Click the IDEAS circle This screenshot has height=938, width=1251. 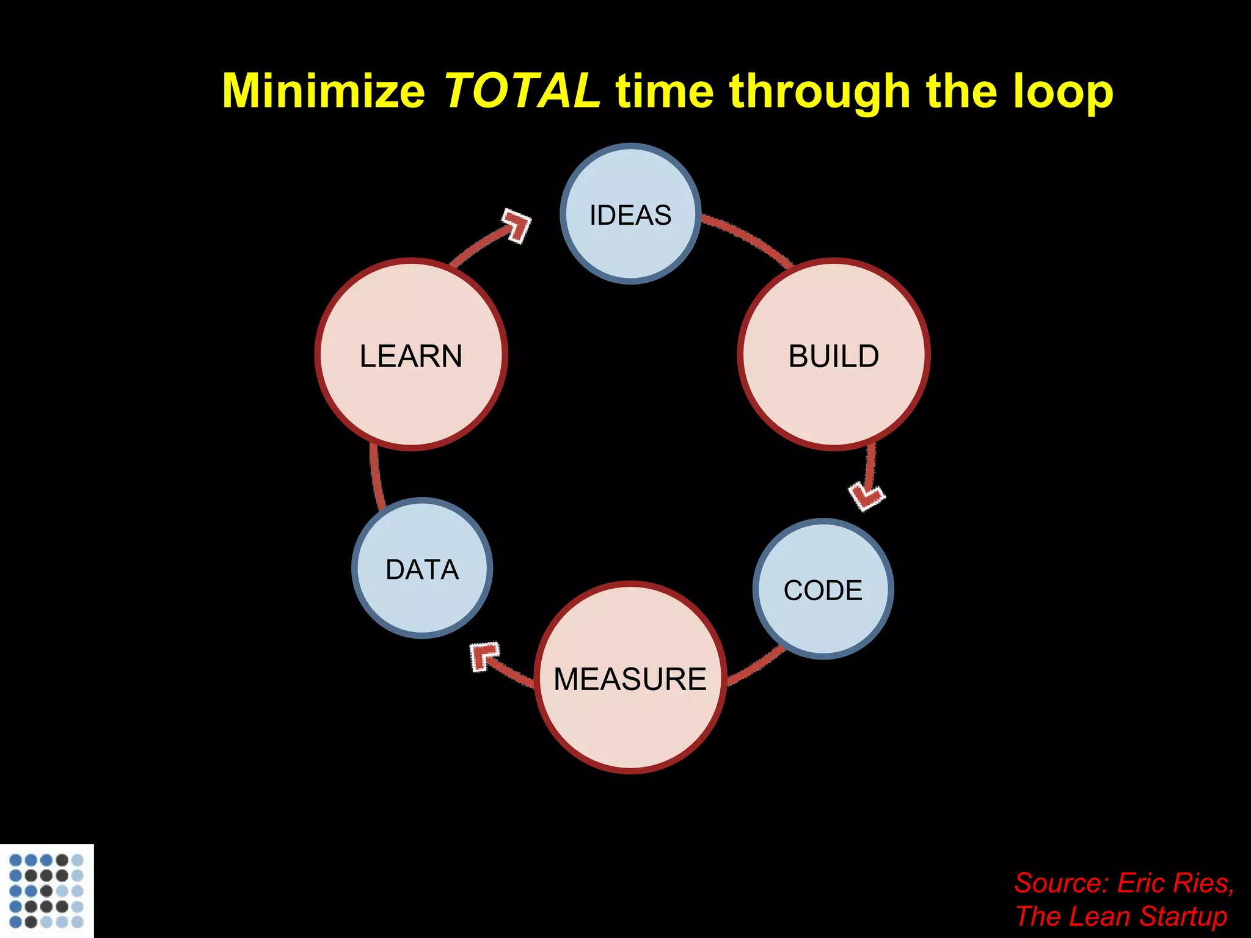pos(630,214)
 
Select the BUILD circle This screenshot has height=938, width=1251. pos(834,355)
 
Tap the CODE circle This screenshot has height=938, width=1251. pos(823,589)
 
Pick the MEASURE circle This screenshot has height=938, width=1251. pos(630,678)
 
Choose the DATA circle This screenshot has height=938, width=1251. pos(422,569)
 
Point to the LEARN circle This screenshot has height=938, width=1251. pos(411,355)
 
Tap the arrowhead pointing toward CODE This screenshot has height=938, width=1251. pos(867,495)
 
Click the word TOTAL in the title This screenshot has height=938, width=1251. pos(521,90)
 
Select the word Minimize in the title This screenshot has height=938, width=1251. pos(323,90)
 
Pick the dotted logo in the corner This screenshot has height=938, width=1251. pos(46,890)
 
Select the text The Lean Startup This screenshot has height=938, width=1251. pos(1121,916)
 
